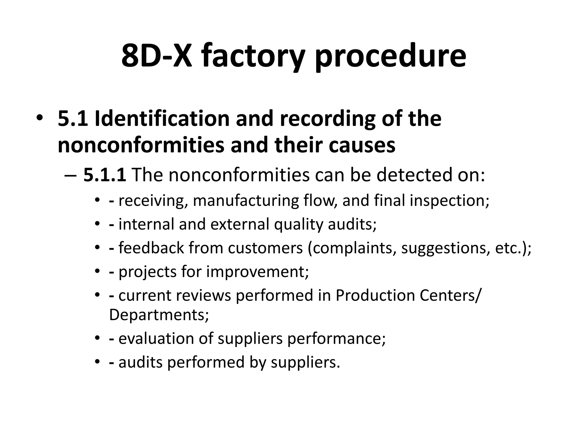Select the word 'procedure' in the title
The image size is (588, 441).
pos(391,56)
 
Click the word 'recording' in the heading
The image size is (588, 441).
pos(328,119)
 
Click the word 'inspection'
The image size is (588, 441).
pos(449,200)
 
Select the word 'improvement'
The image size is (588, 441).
pos(257,272)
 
